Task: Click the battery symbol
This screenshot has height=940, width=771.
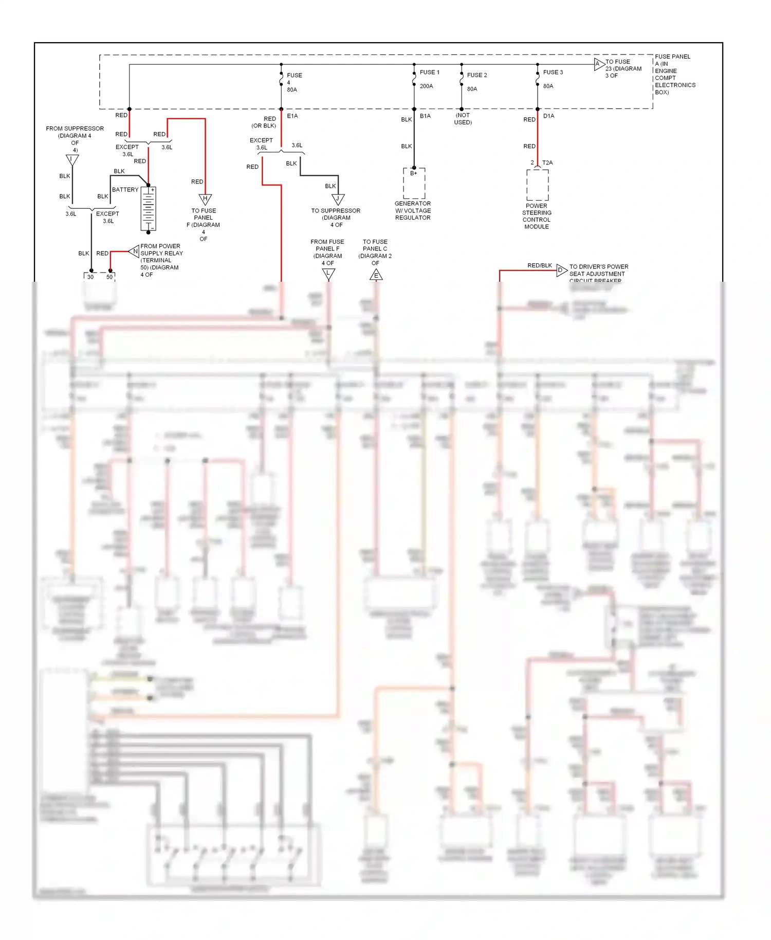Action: (149, 209)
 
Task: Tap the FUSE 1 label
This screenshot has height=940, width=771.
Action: (429, 73)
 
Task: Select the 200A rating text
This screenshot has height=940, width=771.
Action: (426, 86)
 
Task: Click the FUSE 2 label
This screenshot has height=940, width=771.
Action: (476, 75)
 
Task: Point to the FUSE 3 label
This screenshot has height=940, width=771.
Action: (553, 73)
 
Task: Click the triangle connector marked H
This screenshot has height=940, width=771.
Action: (205, 198)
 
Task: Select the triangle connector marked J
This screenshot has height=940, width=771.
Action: (338, 199)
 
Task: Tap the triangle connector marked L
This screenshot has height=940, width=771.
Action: (328, 274)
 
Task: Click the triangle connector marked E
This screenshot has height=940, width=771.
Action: (376, 275)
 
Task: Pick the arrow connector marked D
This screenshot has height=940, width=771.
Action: (561, 270)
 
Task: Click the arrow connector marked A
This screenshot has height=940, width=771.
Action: (598, 64)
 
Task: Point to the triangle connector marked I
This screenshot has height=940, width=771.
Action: (72, 160)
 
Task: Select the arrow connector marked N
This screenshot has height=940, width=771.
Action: (134, 251)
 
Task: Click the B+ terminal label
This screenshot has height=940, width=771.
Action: (414, 173)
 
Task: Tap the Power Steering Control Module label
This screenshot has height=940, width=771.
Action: (537, 216)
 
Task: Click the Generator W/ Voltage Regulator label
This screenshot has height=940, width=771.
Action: (413, 211)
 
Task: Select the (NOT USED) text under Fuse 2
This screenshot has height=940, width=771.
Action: (463, 119)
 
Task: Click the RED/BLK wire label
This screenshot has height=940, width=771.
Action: (539, 265)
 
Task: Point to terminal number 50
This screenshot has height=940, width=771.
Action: (109, 277)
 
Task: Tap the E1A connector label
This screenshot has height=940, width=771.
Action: (292, 116)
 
